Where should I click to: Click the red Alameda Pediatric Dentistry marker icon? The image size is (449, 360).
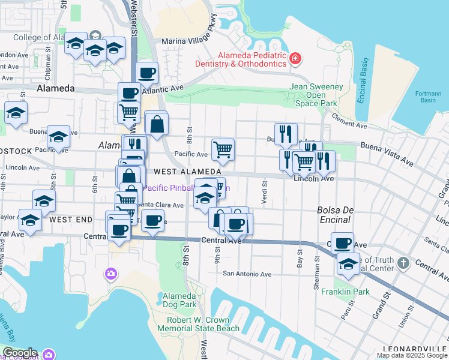coord(295,59)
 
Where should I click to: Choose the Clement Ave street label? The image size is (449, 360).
coord(348,122)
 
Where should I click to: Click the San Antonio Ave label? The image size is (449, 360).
coord(247,274)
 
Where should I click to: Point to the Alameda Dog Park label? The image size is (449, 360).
coord(180,300)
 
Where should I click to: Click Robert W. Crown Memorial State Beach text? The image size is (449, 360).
coord(198,324)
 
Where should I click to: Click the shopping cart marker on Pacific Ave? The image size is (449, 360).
coord(223,149)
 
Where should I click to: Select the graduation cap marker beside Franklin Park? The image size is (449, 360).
coord(348,265)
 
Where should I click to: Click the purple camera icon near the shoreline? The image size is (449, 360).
coord(110,274)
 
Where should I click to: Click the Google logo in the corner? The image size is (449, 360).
coord(19,353)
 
